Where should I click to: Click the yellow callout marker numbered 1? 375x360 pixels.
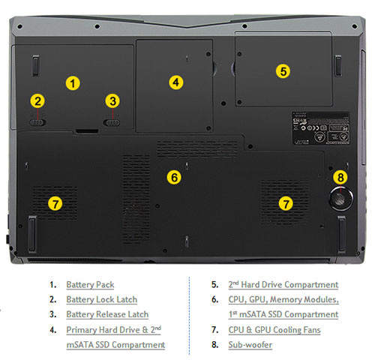pos(73,83)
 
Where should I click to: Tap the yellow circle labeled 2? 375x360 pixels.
pos(37,101)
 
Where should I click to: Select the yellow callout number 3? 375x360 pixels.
pos(112,101)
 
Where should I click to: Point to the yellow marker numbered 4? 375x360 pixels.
pos(176,82)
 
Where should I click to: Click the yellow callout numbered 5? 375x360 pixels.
pos(283,71)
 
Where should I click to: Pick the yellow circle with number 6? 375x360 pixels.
pos(174,178)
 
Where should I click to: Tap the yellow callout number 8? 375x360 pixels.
pos(340,178)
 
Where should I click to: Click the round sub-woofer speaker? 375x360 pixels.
pos(340,199)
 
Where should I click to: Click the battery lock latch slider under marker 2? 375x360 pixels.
pos(37,123)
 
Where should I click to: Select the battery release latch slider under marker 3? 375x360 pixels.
pos(112,123)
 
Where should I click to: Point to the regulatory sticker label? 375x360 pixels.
pos(321,128)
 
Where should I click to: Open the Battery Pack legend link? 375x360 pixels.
pos(90,285)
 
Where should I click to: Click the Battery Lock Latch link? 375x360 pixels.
pos(102,299)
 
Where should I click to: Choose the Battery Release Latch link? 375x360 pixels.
pos(107,314)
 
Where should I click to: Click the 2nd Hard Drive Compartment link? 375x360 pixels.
pos(283,284)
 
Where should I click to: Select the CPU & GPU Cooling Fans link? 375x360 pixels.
pos(274,330)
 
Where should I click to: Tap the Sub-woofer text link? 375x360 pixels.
pos(250,345)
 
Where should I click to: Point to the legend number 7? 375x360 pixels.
pos(214,330)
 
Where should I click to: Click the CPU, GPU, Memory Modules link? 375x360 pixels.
pos(283,299)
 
